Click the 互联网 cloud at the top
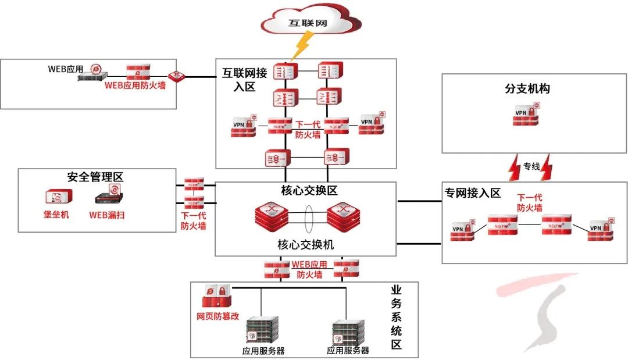click(308, 23)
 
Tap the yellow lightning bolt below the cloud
click(302, 46)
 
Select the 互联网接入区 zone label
click(245, 79)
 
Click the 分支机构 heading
click(527, 90)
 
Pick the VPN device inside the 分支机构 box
click(526, 115)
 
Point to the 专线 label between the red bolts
click(531, 166)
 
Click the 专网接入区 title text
click(473, 193)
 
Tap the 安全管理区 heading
click(95, 177)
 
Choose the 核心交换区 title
click(305, 191)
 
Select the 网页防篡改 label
click(218, 317)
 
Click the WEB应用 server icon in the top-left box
click(93, 74)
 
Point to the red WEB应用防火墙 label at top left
click(131, 85)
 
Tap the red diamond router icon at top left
click(176, 76)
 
